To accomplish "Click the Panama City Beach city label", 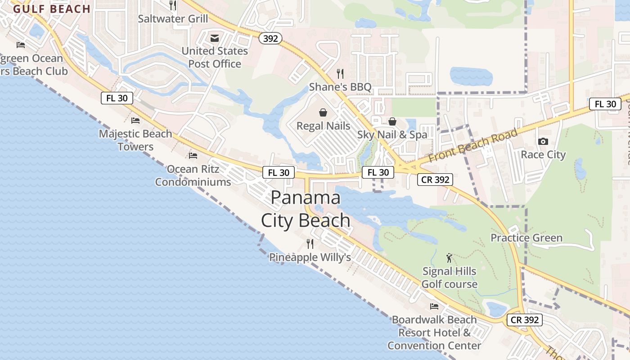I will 306,209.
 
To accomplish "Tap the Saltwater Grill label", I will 173,19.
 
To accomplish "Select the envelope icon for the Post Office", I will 214,37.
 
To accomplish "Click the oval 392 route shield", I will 270,39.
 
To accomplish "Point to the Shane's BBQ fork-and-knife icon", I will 340,73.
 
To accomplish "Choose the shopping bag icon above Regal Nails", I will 323,112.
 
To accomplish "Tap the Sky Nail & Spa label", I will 392,135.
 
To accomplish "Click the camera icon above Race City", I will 543,141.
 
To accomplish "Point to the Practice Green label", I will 526,238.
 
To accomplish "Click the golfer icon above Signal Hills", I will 449,258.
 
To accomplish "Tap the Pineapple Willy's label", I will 310,257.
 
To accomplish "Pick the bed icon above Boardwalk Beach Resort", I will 434,306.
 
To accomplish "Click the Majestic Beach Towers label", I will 135,140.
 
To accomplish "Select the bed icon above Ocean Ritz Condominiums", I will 193,156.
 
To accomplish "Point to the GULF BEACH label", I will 52,9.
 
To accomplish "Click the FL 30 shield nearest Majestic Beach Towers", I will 117,98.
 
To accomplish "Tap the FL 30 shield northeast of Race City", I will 605,104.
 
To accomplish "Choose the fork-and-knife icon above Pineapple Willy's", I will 310,244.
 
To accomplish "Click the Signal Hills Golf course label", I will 449,278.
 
